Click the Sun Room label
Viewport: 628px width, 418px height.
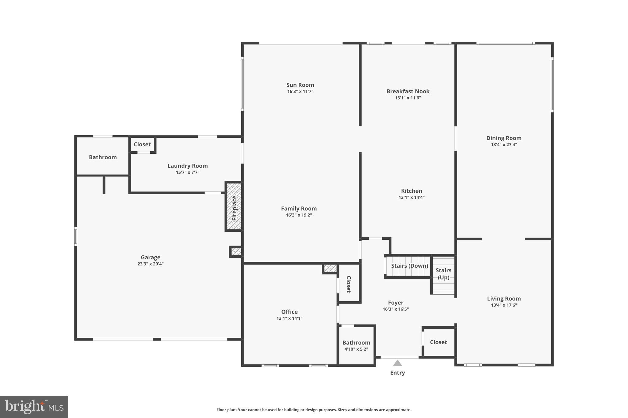click(x=300, y=85)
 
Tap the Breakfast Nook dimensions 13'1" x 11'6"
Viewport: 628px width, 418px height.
click(x=408, y=98)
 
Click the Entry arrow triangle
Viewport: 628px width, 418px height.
click(x=397, y=363)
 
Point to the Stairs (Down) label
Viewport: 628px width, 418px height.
click(x=409, y=266)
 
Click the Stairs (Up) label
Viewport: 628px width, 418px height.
click(x=443, y=274)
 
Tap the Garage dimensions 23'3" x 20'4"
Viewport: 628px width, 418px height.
click(x=150, y=264)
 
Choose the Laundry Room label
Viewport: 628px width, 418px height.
click(x=187, y=166)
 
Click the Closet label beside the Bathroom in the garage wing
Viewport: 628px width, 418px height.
click(x=142, y=144)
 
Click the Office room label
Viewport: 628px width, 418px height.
click(x=289, y=312)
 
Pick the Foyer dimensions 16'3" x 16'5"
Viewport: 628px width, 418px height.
click(x=396, y=309)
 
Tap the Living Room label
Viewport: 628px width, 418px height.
click(x=504, y=299)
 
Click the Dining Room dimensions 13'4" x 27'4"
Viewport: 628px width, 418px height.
click(x=504, y=145)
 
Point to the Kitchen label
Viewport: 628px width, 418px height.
click(x=411, y=191)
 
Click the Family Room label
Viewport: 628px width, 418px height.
click(x=299, y=209)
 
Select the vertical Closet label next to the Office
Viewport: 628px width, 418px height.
click(x=349, y=284)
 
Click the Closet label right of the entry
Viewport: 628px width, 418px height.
click(x=438, y=342)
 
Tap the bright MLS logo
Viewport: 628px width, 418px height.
click(x=34, y=407)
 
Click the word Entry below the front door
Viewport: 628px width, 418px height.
click(x=397, y=373)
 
